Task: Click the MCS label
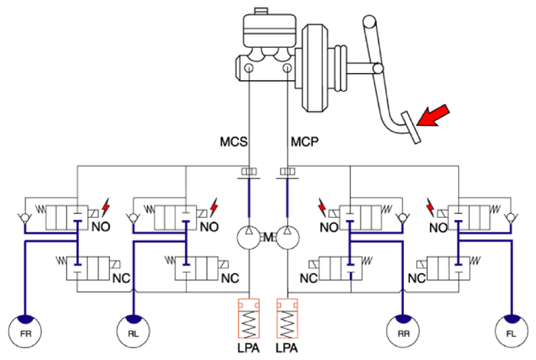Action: tap(234, 142)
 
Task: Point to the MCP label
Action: tap(305, 142)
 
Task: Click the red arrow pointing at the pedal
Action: tap(433, 115)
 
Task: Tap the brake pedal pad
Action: tap(411, 128)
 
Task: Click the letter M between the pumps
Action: tap(268, 237)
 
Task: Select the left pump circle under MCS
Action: tap(249, 237)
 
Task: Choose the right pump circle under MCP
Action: tap(288, 237)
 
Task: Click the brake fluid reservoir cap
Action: tap(261, 11)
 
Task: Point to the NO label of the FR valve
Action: tap(101, 227)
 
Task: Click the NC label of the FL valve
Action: tap(417, 278)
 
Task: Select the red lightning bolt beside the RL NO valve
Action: tap(214, 207)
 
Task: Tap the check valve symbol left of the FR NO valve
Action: tap(25, 218)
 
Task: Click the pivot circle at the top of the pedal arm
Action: tap(369, 22)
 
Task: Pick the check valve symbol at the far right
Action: tap(511, 218)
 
